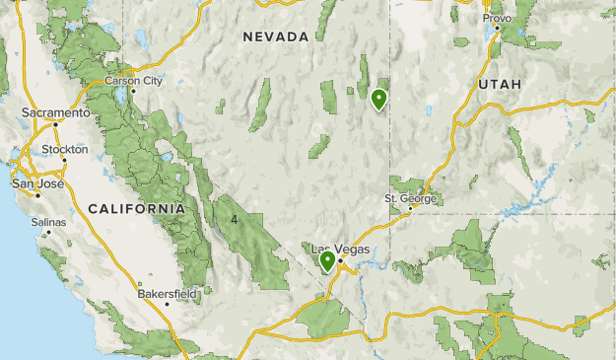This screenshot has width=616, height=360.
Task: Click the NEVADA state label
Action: click(276, 36)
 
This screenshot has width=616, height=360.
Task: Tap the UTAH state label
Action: click(500, 85)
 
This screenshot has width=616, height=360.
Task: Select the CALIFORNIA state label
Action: click(136, 209)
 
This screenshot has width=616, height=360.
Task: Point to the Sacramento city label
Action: click(55, 112)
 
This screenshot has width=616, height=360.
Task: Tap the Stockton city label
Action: click(65, 150)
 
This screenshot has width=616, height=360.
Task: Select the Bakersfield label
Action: click(168, 293)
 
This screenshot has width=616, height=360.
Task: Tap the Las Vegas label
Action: click(340, 250)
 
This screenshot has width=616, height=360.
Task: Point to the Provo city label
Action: click(497, 18)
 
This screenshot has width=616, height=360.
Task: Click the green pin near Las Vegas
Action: click(327, 261)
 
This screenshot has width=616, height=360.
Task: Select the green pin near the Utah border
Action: click(378, 99)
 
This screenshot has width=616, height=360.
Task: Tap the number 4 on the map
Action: click(235, 218)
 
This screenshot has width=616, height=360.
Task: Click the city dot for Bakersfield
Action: click(167, 304)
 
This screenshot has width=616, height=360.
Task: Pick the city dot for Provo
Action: click(498, 28)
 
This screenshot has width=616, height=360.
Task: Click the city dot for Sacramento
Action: click(56, 123)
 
